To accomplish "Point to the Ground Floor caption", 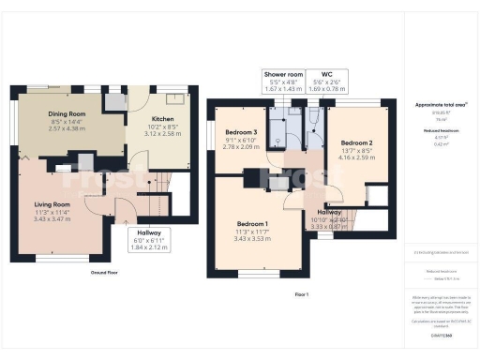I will [x=103, y=273].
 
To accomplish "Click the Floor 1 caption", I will [x=301, y=294].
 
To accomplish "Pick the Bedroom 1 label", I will [x=252, y=224].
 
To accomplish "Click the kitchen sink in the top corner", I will [x=174, y=96].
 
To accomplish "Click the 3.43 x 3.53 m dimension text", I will [x=252, y=241].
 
